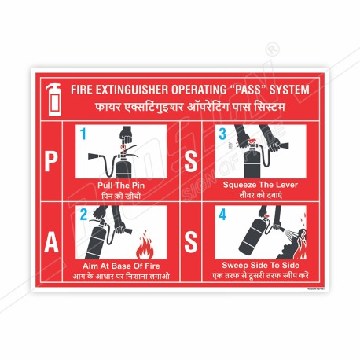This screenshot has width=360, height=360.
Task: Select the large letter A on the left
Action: coord(50,244)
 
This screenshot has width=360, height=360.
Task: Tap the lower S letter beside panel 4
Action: coord(189,244)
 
